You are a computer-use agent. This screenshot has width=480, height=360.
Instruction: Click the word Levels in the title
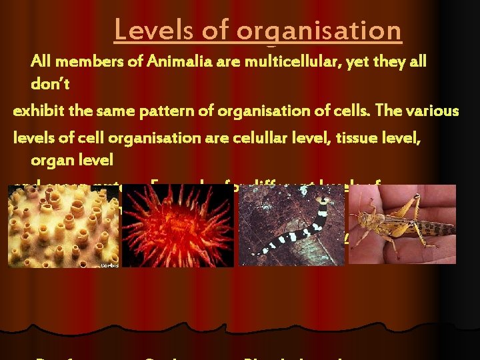(x=149, y=30)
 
